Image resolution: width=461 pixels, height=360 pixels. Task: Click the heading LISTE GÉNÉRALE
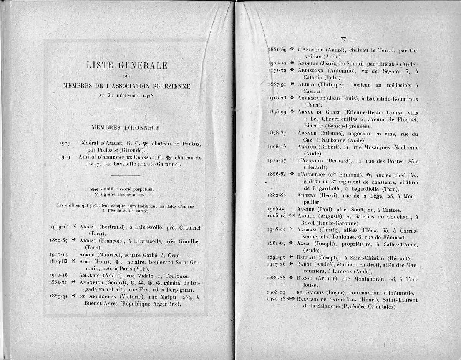click(127, 66)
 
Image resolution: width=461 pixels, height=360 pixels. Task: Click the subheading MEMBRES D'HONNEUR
click(126, 127)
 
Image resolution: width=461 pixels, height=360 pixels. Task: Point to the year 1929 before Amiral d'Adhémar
click(64, 157)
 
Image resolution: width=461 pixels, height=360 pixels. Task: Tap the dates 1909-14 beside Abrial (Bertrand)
click(59, 227)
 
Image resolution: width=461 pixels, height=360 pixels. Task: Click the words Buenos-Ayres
click(101, 304)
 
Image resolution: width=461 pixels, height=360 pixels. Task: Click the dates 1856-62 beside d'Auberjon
click(277, 174)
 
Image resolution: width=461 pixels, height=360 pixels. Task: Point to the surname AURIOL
click(307, 216)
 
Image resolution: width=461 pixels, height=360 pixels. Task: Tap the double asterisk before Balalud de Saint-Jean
click(291, 300)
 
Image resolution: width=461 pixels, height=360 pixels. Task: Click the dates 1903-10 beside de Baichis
click(277, 293)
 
